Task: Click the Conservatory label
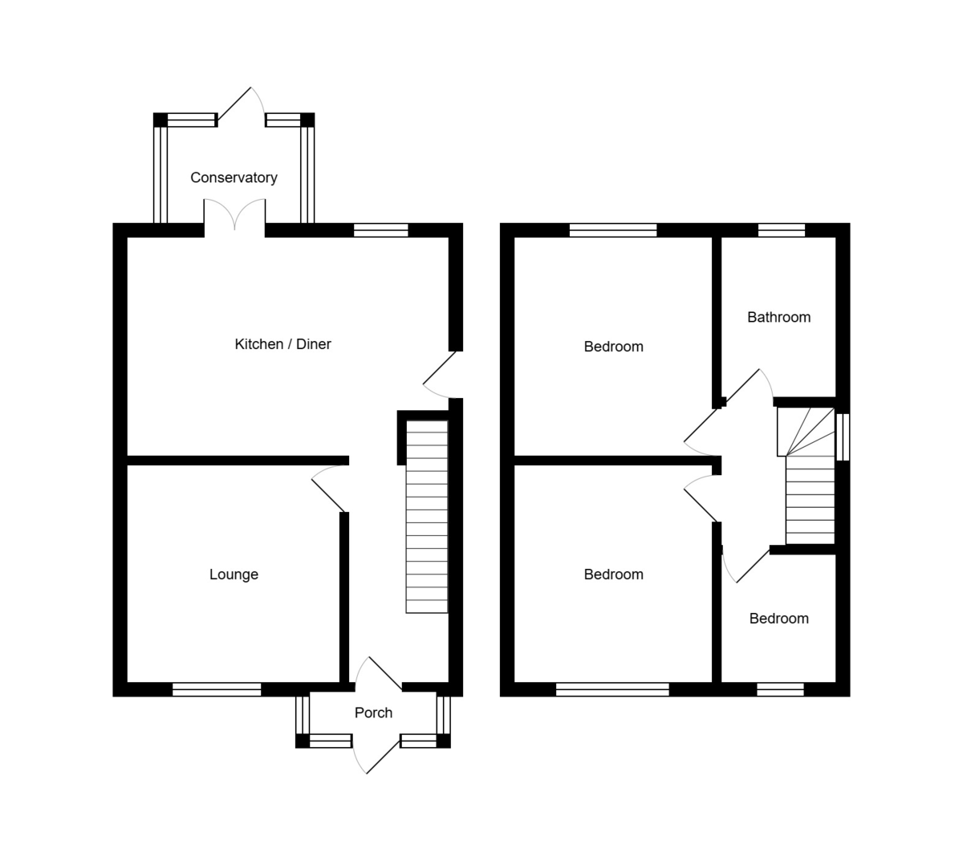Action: point(234,177)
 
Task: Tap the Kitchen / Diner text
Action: point(282,343)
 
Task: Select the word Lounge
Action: point(234,574)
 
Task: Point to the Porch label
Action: point(373,712)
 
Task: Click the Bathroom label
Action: point(778,317)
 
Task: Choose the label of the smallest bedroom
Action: point(778,618)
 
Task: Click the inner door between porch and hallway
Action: point(381,672)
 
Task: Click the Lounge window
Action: point(217,688)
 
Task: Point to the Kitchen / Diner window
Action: point(381,230)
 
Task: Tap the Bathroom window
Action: point(782,230)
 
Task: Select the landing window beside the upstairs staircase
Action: point(842,437)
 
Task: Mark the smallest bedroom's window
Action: point(780,688)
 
